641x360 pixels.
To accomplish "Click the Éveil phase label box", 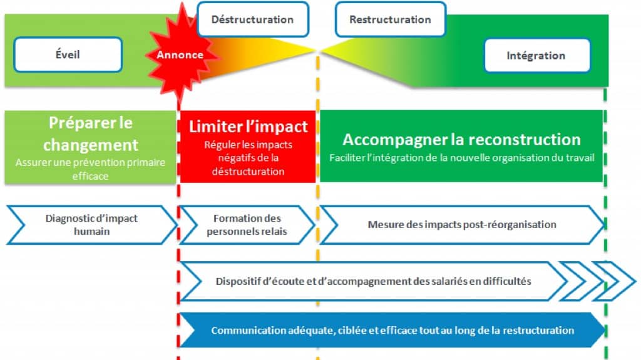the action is [68, 54].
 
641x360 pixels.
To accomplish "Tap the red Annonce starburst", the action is [180, 55].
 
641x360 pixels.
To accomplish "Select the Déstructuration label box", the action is [252, 19].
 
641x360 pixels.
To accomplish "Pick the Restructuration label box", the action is [390, 19].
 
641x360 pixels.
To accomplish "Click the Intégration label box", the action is [536, 56].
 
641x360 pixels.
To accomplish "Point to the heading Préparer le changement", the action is [91, 134].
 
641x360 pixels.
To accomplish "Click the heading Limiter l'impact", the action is [249, 127].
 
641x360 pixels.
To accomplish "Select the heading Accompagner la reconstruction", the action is [461, 139].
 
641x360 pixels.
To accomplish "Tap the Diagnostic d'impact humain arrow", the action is [91, 225].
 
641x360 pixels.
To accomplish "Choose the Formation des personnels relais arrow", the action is [247, 225].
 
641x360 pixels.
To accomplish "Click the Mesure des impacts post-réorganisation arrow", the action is [462, 224].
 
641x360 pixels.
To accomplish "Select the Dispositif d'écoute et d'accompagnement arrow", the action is [373, 281].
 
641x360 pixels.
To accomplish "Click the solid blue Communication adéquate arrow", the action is [392, 330].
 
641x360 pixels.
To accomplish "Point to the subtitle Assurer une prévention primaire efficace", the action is [91, 170].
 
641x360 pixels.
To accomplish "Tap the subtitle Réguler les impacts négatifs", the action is [249, 158].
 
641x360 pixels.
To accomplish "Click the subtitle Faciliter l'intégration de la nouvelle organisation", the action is [461, 158].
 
